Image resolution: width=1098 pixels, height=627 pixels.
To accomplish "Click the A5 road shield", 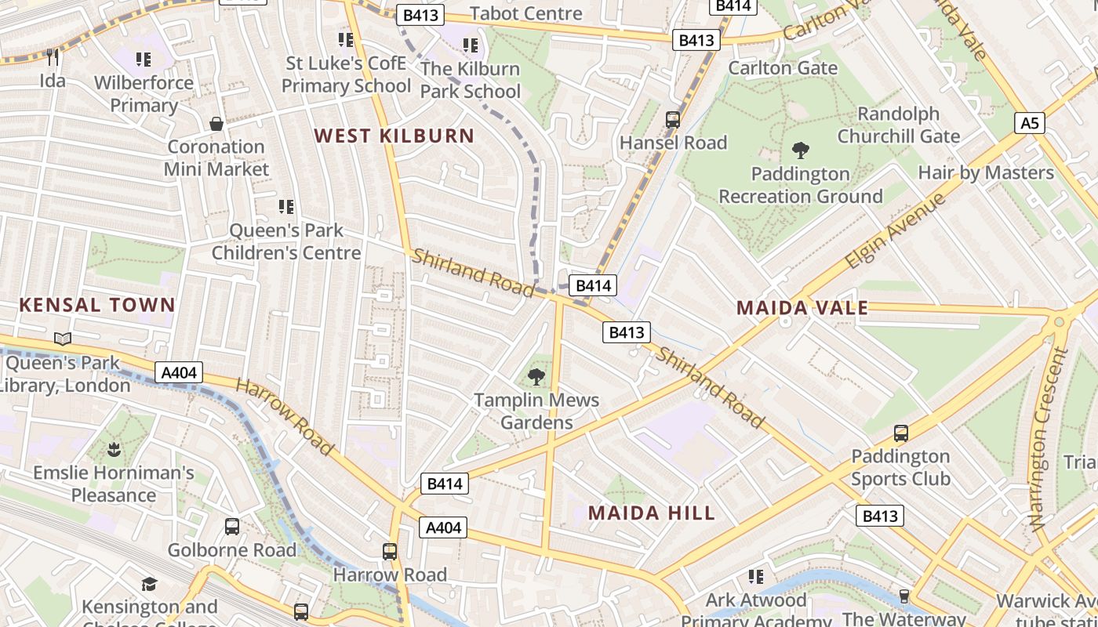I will coord(1030,123).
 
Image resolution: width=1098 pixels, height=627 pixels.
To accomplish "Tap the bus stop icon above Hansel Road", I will coord(672,120).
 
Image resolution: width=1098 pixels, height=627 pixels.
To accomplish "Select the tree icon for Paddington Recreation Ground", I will coord(800,150).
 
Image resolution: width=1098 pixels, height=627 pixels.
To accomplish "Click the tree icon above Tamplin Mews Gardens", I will coord(536,377).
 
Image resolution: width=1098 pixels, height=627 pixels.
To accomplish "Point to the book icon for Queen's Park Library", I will coord(63,339).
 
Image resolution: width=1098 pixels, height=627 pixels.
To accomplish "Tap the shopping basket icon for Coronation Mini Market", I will coord(216,124).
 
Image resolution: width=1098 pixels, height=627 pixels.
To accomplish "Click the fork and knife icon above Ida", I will coord(53,57).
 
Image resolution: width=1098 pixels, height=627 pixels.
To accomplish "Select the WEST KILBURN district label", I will coord(394,136).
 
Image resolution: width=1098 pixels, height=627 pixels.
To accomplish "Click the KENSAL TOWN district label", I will coord(97,305).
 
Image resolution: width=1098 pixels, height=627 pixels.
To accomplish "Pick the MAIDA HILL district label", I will coord(652,513).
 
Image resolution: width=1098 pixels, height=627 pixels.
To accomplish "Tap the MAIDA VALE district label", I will coord(802,308).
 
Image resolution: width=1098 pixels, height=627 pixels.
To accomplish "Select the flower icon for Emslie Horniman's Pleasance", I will coord(114,450).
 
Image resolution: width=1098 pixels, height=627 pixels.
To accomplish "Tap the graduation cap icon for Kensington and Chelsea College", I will coord(149,584).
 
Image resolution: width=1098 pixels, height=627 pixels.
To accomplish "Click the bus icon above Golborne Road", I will coord(232,527).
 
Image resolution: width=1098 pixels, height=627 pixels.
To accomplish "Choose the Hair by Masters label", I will coord(986,172).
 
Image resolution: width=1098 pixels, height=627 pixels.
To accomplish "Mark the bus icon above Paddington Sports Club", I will coord(901,433).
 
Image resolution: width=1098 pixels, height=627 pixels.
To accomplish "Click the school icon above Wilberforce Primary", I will coord(143,60).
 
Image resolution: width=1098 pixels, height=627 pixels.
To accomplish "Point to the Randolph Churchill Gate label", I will coord(898,125).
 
